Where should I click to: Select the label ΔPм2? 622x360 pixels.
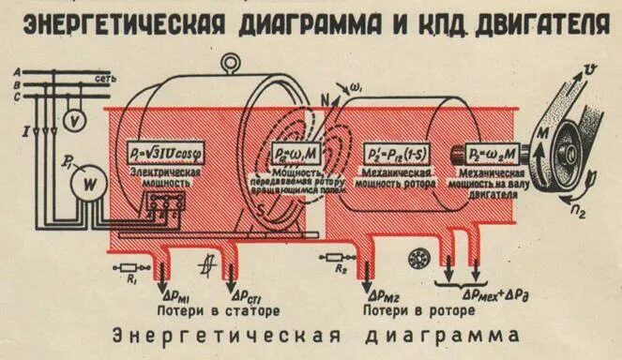(x=393, y=292)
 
